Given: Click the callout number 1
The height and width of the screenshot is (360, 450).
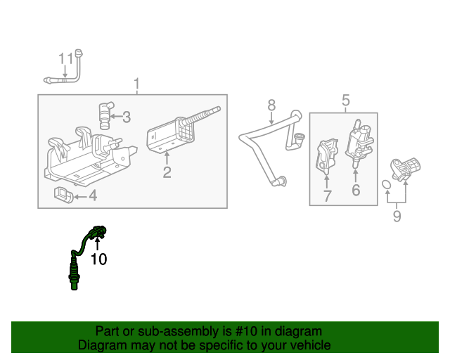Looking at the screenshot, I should [137, 86].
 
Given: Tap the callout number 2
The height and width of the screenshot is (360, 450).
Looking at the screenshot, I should [167, 172].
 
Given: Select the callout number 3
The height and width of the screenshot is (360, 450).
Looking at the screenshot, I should [127, 117].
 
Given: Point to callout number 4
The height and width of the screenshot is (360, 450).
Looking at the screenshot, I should [93, 196].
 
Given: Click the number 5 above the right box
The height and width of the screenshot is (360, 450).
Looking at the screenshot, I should [345, 101].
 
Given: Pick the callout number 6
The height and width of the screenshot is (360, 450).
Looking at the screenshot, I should [356, 189].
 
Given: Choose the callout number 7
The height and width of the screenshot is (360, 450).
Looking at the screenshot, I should [327, 196].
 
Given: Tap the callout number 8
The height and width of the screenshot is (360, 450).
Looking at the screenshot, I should [271, 106].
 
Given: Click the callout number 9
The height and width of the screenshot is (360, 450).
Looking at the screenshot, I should [397, 217].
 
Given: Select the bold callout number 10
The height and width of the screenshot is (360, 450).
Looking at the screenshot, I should [99, 259].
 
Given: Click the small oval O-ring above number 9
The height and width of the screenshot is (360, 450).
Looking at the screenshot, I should [387, 186].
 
